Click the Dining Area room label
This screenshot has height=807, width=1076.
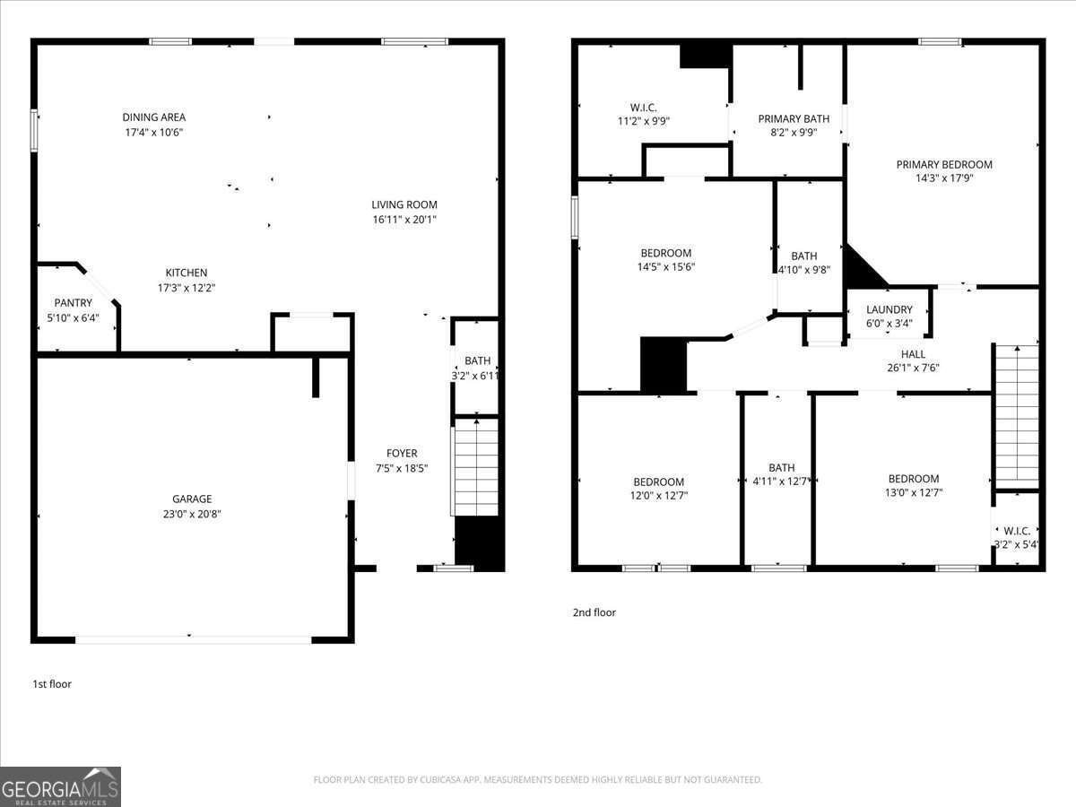(154, 117)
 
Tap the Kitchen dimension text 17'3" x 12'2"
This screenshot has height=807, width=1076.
(186, 288)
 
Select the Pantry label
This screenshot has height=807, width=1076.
(73, 303)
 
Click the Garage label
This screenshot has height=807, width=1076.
(192, 499)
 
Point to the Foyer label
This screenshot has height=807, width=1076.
(402, 454)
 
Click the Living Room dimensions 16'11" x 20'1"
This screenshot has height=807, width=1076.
(404, 220)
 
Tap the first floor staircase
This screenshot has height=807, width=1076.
(476, 466)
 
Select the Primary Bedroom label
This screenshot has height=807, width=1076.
(944, 165)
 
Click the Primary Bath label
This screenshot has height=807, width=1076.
(794, 119)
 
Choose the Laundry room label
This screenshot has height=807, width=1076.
(889, 309)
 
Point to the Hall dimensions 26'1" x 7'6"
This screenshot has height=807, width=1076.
(913, 368)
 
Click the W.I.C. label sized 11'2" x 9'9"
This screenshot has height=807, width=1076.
(644, 108)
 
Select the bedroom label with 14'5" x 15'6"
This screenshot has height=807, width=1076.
(665, 254)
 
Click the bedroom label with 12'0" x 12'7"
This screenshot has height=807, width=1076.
(658, 482)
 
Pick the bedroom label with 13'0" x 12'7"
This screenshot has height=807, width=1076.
(913, 479)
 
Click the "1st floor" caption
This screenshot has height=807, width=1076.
(52, 684)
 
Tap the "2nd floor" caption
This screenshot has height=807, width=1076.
(594, 612)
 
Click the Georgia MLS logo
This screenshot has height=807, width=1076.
(60, 786)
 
